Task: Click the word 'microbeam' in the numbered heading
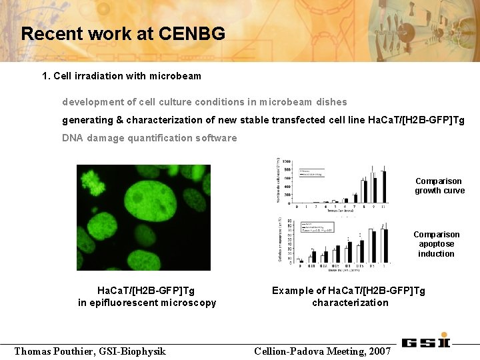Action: click(175, 76)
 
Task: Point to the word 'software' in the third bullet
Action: click(216, 138)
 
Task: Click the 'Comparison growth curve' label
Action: click(438, 186)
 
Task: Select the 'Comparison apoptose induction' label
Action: click(436, 244)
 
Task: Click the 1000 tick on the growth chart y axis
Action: click(286, 162)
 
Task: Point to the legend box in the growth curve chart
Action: click(311, 173)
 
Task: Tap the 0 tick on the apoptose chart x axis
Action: click(300, 266)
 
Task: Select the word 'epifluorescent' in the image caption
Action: click(141, 303)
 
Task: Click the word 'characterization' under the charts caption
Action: click(350, 303)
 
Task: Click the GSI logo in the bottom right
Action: click(426, 342)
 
